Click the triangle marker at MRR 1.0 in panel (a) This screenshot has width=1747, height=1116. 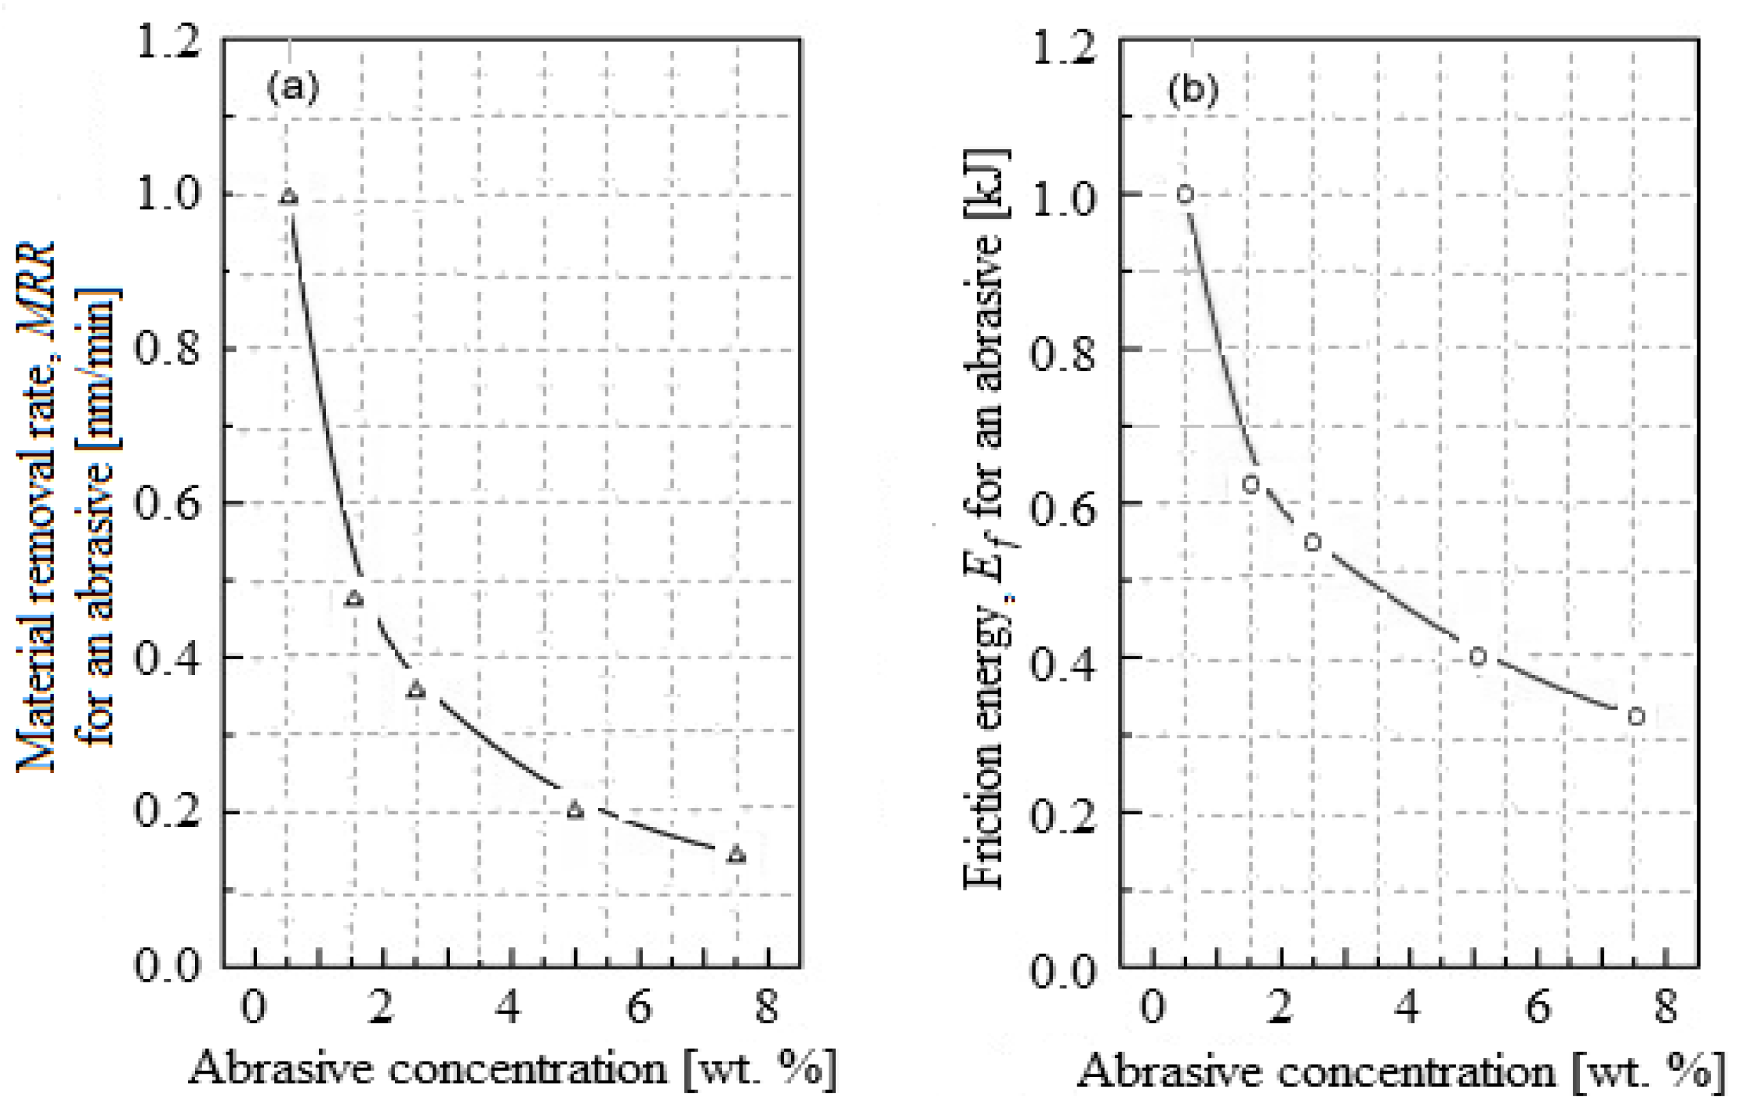[x=288, y=196]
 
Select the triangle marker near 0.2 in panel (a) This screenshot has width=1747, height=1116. [x=576, y=810]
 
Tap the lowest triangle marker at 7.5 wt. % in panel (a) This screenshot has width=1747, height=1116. [x=736, y=854]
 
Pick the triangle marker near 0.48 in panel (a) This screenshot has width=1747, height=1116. [x=354, y=599]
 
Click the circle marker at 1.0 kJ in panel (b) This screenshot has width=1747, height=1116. [x=1185, y=194]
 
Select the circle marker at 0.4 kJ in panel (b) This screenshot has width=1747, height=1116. [x=1478, y=657]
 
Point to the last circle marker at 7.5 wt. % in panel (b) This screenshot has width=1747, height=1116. [x=1635, y=717]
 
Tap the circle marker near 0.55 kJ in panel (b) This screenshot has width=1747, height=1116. [x=1313, y=543]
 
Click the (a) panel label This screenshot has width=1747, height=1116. [x=293, y=88]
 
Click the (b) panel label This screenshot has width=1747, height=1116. [x=1192, y=91]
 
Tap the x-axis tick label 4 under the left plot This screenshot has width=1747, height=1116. [x=511, y=1006]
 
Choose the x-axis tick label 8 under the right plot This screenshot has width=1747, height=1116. [x=1666, y=1006]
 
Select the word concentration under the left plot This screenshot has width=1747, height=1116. [x=528, y=1068]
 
